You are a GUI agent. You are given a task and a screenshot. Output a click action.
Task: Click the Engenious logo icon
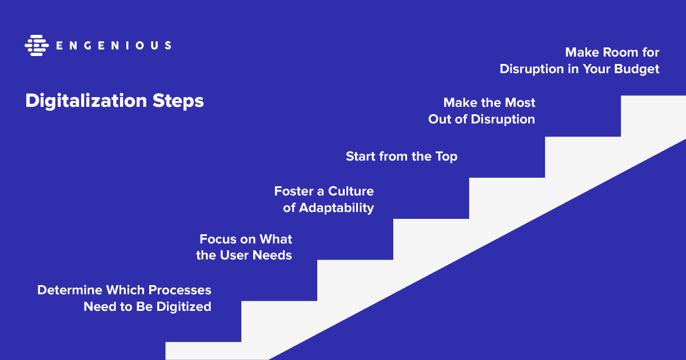(37, 45)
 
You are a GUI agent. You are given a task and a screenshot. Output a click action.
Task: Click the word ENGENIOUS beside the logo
(114, 46)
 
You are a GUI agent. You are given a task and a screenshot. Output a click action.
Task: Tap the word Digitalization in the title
(86, 101)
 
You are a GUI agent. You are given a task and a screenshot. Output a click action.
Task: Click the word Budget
(637, 70)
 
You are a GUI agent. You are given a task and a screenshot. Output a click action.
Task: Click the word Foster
(293, 191)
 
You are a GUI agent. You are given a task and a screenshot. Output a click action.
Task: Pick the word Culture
(351, 191)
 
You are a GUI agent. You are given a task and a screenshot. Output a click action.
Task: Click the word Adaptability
(336, 209)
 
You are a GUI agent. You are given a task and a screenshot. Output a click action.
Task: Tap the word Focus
(218, 239)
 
